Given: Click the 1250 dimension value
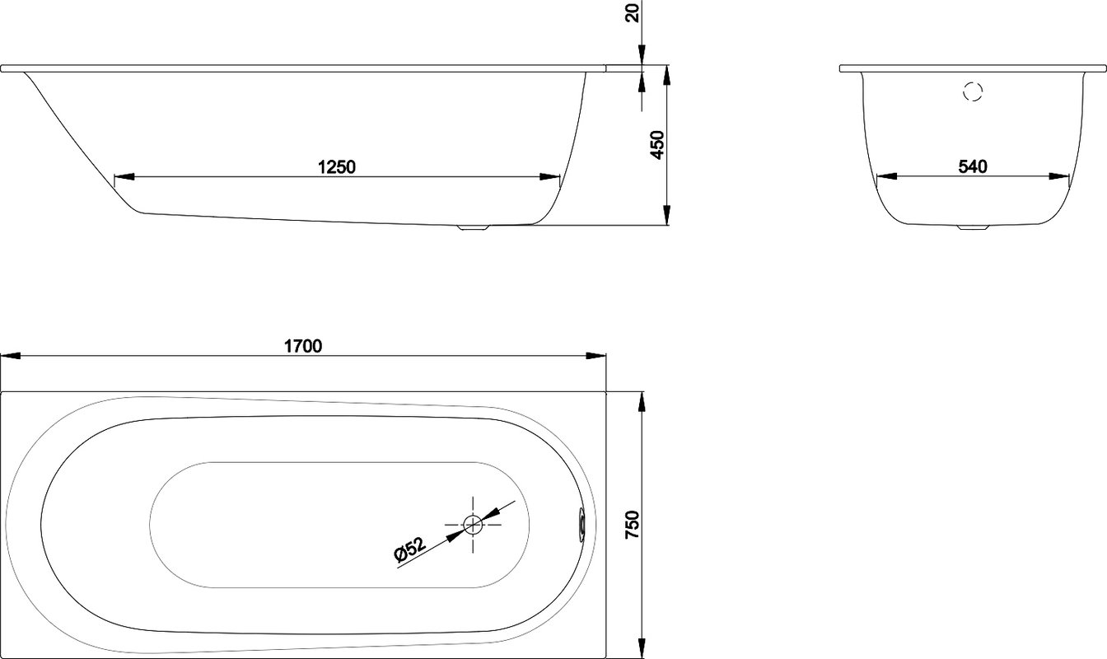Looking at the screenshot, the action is (336, 167).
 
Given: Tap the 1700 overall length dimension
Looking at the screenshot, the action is (303, 346).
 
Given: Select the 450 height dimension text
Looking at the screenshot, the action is (657, 145).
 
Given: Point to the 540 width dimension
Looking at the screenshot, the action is (973, 166).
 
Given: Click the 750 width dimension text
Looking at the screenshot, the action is (633, 525).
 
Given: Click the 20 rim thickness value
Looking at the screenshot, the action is (633, 13).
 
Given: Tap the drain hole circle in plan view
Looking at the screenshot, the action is (473, 524).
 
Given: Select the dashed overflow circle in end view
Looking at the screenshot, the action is (973, 91).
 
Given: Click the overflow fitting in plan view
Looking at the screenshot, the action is (582, 525).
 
